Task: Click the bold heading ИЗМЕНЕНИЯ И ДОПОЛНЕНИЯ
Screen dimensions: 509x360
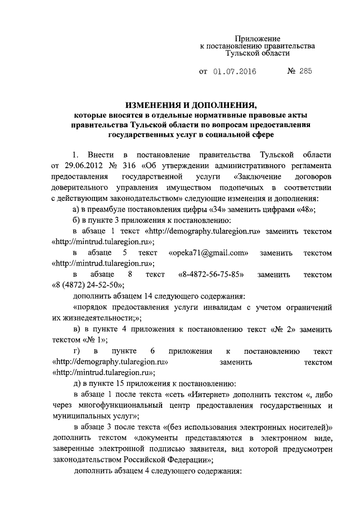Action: pyautogui.click(x=190, y=105)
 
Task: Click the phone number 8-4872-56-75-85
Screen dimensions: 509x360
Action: pyautogui.click(x=211, y=275)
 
